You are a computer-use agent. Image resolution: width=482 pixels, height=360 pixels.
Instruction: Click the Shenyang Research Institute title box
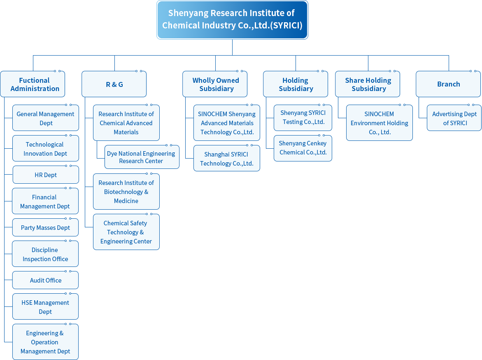tap(232, 20)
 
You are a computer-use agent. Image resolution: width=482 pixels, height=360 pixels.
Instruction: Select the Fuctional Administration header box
tap(33, 84)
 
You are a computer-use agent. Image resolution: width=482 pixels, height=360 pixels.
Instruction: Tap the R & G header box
tap(114, 84)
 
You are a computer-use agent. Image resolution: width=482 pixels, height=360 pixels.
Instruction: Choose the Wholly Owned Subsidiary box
tap(215, 84)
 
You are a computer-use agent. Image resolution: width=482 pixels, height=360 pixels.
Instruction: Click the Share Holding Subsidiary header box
tap(368, 84)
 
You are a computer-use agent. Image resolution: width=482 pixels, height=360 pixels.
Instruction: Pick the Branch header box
tap(448, 84)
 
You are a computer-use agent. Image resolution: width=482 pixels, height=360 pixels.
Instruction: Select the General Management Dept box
tap(45, 118)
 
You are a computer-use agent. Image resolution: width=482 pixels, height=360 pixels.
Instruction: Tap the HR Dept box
tap(45, 175)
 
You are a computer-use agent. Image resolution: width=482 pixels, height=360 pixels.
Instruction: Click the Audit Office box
tap(45, 280)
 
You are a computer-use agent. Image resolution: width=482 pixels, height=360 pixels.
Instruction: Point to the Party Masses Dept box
tap(45, 227)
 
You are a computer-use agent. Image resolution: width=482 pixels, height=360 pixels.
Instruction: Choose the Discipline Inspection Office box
tap(45, 254)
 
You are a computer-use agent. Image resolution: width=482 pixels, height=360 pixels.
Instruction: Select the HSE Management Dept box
tap(45, 307)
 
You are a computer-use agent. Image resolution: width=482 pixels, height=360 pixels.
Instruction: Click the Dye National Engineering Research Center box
tap(141, 157)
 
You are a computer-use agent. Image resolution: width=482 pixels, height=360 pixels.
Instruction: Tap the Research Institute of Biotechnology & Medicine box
tap(126, 192)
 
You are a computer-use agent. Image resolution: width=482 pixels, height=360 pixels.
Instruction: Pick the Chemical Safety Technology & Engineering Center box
tap(126, 232)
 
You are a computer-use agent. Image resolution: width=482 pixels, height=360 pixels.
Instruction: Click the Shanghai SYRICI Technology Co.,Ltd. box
tap(226, 159)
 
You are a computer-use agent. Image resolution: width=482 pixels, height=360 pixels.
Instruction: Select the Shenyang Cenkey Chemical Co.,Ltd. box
tap(303, 148)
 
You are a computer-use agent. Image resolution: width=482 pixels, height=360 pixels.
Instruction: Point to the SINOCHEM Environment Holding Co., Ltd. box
tap(379, 123)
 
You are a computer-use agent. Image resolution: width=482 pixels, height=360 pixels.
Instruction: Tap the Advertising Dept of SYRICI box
tap(454, 118)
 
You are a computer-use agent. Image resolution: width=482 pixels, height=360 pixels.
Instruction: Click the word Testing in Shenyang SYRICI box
tap(292, 122)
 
